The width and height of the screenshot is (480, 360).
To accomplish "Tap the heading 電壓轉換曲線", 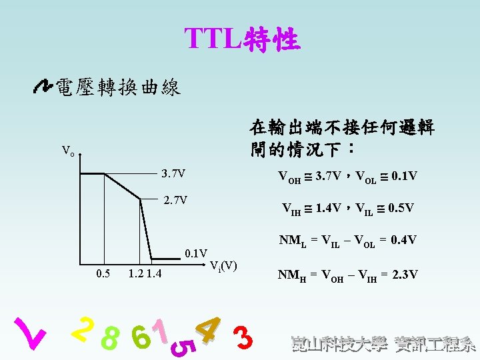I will (118, 87).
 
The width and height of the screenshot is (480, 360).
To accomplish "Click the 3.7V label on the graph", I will (173, 175).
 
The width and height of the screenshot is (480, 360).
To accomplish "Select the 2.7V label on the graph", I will (176, 200).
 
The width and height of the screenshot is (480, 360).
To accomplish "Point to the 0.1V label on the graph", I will (196, 253).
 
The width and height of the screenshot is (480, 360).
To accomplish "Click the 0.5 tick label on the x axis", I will (103, 273).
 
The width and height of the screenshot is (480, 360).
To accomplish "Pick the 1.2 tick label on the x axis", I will (136, 273).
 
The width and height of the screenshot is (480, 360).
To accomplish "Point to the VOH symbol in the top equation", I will (289, 177).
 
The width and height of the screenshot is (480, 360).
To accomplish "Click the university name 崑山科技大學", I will (339, 344).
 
